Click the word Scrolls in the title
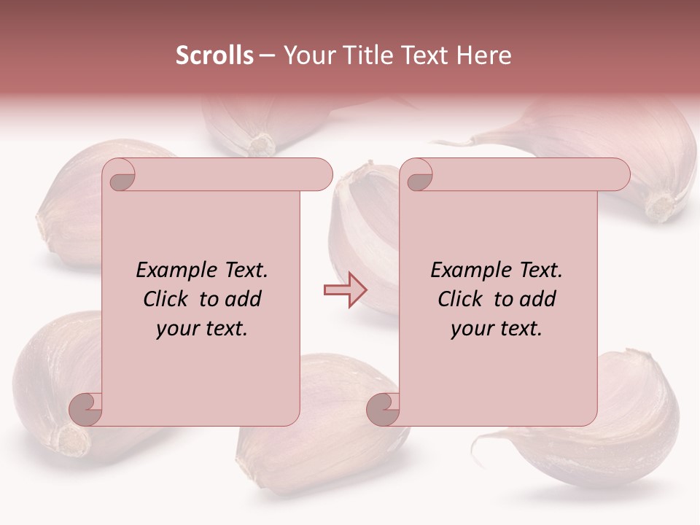(x=215, y=55)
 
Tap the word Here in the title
(x=483, y=55)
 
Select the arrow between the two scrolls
(x=345, y=290)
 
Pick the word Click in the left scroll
(x=166, y=300)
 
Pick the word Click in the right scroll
(x=460, y=300)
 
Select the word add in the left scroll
(x=244, y=300)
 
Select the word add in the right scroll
(x=539, y=300)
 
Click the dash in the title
(x=267, y=55)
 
